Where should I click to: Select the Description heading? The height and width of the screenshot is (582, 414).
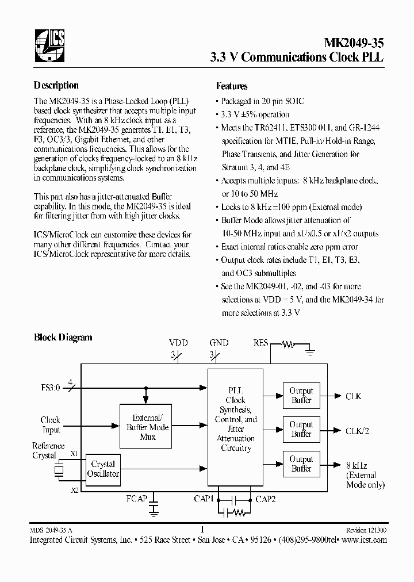click(x=56, y=86)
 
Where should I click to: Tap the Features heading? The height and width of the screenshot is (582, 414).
click(x=232, y=86)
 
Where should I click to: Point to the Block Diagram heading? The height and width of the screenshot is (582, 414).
click(x=63, y=338)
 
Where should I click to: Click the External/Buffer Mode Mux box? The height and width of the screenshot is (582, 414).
click(x=148, y=427)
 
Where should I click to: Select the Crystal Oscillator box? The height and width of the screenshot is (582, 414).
click(x=103, y=469)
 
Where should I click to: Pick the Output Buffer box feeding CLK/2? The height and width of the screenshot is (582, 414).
click(x=301, y=430)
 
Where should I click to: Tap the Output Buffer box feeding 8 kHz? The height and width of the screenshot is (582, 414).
click(x=301, y=464)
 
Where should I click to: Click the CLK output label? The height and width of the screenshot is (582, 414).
click(x=353, y=396)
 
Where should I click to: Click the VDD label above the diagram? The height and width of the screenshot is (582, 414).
click(x=178, y=343)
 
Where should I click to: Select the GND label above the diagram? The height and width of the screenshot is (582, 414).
click(x=218, y=343)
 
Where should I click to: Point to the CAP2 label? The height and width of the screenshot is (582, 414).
click(x=266, y=499)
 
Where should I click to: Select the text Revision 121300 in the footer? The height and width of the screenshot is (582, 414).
click(x=366, y=531)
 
